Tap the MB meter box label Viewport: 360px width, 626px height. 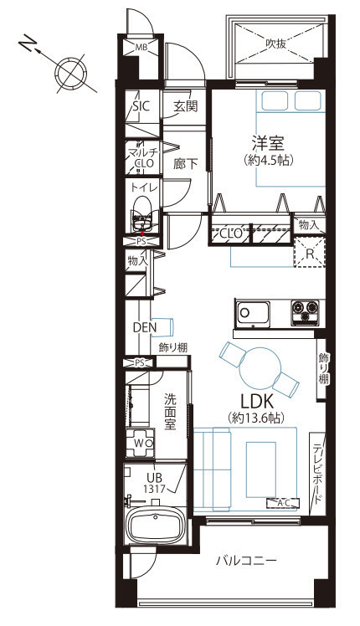click(x=141, y=48)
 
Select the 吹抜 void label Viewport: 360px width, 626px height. click(x=276, y=44)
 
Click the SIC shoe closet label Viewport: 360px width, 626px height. click(x=141, y=106)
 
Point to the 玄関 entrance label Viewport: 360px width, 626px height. click(x=185, y=106)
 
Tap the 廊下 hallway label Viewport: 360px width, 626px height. click(x=185, y=164)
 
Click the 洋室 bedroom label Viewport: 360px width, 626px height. click(x=268, y=143)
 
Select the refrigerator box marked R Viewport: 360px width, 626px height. click(x=310, y=252)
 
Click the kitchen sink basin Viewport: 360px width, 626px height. click(x=253, y=314)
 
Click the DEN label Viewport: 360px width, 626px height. click(x=145, y=327)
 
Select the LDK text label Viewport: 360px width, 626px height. click(x=256, y=401)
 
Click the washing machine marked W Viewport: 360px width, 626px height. click(x=141, y=443)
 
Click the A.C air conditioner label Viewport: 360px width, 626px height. click(x=283, y=503)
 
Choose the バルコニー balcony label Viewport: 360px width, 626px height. click(x=246, y=561)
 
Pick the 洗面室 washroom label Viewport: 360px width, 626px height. click(x=170, y=412)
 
